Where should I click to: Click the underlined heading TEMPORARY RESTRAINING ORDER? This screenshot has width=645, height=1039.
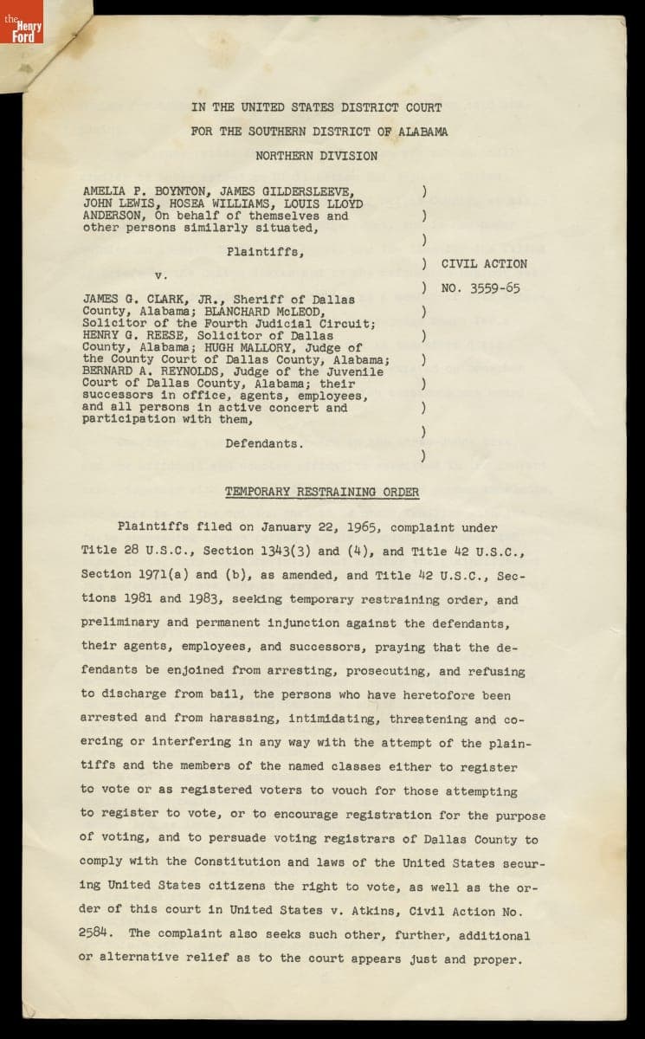pos(321,492)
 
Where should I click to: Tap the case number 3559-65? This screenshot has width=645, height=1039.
pos(495,288)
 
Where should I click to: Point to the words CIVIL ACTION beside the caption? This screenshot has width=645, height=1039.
pos(483,264)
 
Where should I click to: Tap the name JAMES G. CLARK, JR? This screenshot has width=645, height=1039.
pos(151,300)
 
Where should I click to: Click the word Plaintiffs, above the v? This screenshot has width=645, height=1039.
pos(265,252)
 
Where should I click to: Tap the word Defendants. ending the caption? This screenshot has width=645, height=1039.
pos(264,443)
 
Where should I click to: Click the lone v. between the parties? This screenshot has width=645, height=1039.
pos(161,275)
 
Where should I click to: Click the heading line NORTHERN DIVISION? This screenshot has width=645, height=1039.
pos(316,156)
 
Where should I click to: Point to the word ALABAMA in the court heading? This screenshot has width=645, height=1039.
pos(410,132)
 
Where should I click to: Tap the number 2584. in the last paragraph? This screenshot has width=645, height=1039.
pos(100,934)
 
